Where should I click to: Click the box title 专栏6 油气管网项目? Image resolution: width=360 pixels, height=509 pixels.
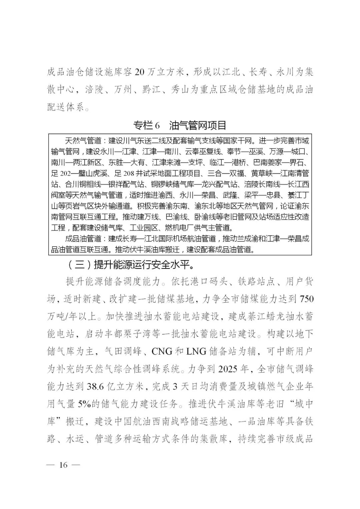[x=180, y=125]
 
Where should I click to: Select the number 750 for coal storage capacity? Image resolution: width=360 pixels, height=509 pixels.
[x=306, y=299]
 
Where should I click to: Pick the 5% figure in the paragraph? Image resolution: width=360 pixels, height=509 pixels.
[x=85, y=404]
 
